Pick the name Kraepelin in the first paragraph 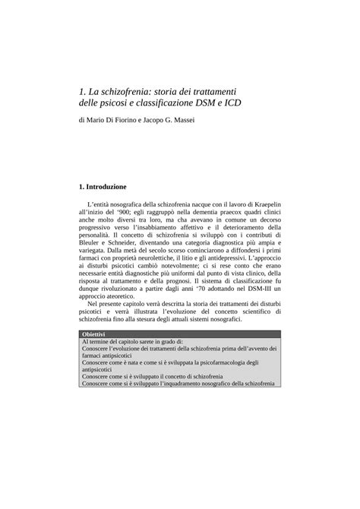point(259,204)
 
